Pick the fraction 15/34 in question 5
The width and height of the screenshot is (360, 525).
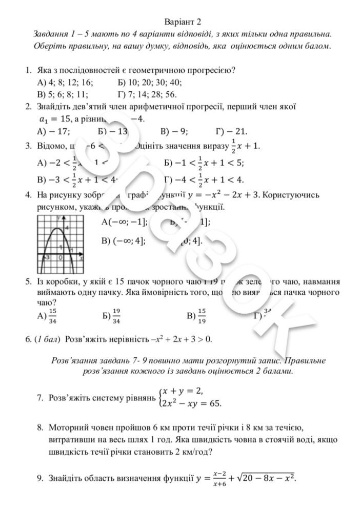pos(52,317)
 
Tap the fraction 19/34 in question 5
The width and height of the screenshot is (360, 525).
pos(116,317)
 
